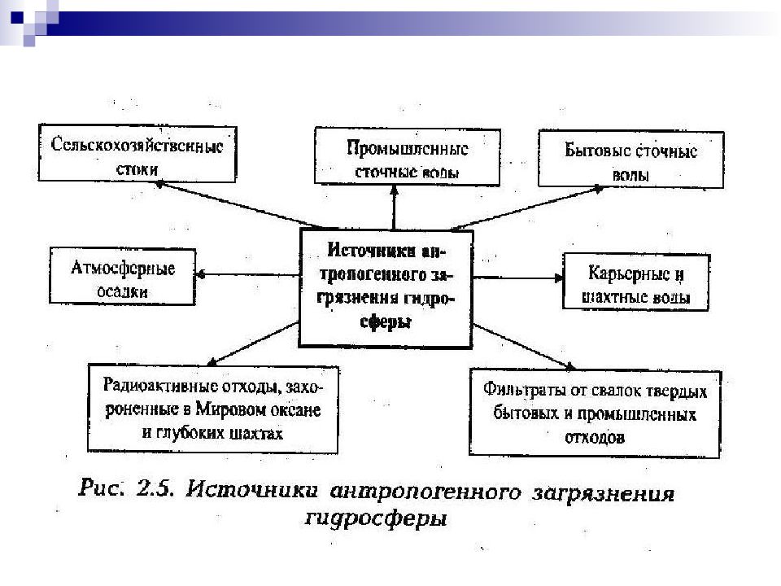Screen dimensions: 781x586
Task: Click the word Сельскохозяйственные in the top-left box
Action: click(x=137, y=145)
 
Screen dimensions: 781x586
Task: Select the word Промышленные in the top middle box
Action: click(x=408, y=148)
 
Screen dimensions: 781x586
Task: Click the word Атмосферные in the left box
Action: click(x=123, y=268)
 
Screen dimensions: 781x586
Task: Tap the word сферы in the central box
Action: click(x=386, y=321)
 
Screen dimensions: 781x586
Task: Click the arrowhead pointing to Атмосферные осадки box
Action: click(x=201, y=274)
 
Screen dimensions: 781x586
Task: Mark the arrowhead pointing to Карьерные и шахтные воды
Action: click(x=558, y=278)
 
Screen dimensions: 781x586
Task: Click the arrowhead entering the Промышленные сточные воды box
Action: click(x=394, y=190)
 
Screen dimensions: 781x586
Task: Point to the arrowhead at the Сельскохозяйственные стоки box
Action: click(x=160, y=185)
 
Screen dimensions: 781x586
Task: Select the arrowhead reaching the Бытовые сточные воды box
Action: click(x=598, y=190)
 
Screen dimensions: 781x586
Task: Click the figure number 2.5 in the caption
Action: click(x=155, y=488)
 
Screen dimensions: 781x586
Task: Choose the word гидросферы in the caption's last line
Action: click(x=376, y=518)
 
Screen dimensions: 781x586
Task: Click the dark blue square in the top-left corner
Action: click(x=17, y=17)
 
